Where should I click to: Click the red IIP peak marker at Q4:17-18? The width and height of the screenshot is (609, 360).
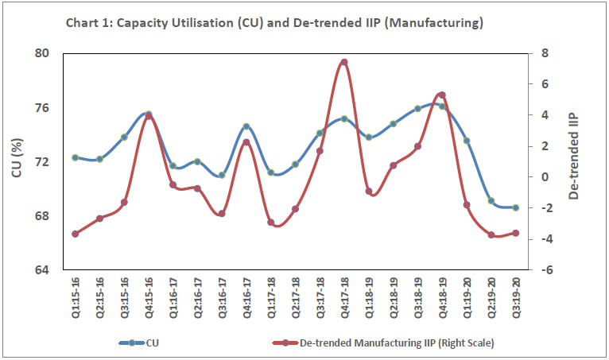(344, 62)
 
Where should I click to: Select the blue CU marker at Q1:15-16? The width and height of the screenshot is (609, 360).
(75, 157)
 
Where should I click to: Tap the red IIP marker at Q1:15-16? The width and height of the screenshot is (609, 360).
(75, 234)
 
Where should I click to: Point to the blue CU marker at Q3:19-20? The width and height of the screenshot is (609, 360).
(516, 207)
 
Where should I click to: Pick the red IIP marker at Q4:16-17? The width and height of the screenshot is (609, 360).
(246, 142)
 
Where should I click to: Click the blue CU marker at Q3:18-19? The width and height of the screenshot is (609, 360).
(417, 108)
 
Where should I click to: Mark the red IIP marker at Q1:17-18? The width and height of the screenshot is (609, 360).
(271, 223)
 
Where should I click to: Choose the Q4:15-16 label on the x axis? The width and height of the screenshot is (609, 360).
(149, 299)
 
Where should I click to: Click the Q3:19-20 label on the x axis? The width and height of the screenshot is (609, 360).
(517, 299)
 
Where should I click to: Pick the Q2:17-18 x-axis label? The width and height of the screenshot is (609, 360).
(296, 299)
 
